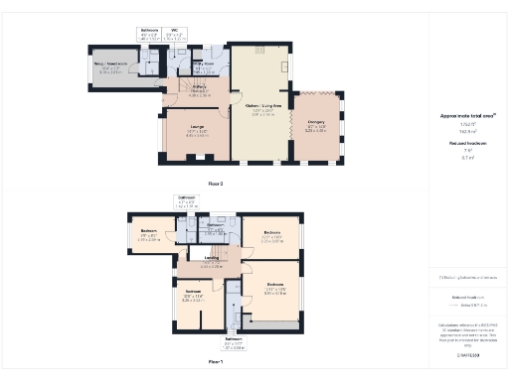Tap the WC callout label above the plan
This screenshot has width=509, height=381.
click(176, 31)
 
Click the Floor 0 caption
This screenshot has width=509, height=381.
click(216, 185)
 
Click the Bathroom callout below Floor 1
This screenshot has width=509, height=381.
click(234, 345)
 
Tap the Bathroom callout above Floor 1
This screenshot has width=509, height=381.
click(187, 197)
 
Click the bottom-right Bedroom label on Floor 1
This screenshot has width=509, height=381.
click(274, 289)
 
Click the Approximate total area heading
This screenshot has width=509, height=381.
click(467, 116)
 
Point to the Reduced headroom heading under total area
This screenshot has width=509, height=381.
click(467, 145)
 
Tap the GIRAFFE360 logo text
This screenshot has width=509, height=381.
click(467, 354)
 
